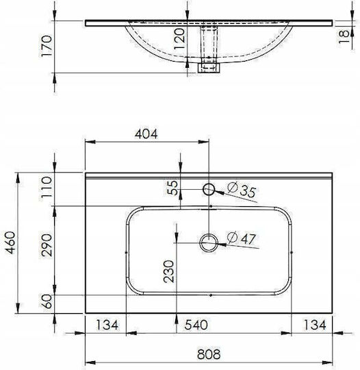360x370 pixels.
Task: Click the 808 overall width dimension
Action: coord(209,354)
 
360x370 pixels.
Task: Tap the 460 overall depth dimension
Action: coord(11,243)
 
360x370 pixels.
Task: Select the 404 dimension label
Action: coord(146,134)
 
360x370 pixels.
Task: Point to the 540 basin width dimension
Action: coord(196,325)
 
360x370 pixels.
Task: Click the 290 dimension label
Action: coord(47,245)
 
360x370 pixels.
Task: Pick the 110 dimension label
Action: coord(45,188)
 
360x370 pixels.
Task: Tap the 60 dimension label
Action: coord(48,301)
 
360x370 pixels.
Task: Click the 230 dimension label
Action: coord(169,271)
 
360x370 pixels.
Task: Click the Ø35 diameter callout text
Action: coord(242,190)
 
